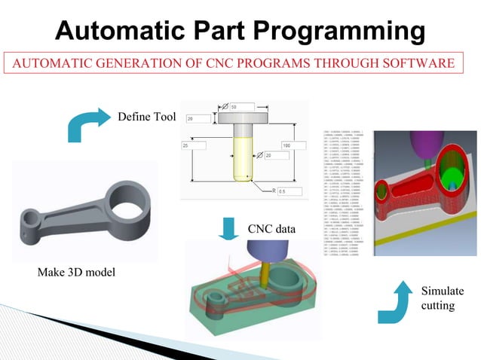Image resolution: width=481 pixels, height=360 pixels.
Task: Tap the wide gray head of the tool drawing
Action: tap(244, 119)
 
